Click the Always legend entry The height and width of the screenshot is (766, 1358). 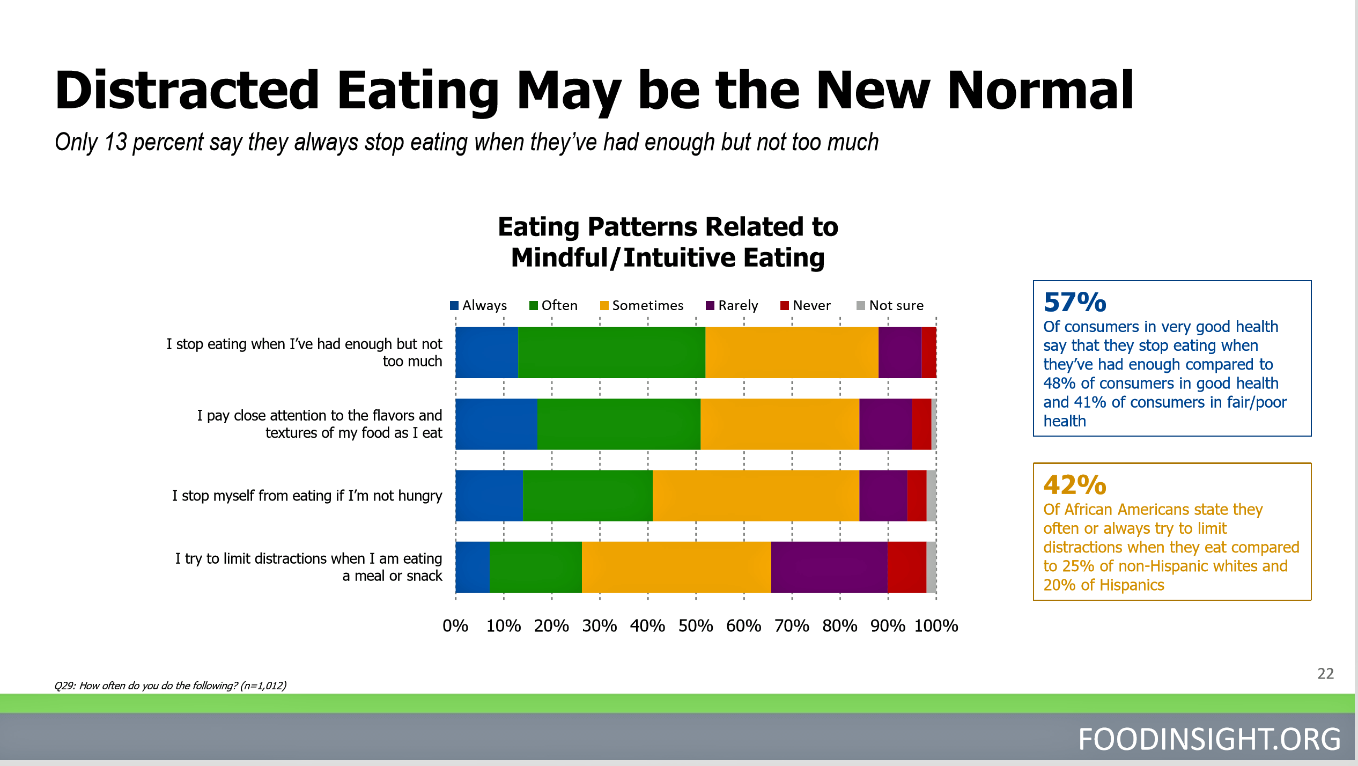tap(478, 305)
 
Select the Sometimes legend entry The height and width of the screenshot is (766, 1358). tap(641, 305)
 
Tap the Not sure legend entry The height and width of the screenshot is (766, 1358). tap(890, 305)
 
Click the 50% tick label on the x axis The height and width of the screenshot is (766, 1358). tap(696, 625)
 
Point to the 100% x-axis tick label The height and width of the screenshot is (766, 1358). tap(936, 625)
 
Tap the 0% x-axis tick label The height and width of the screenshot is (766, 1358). tap(455, 625)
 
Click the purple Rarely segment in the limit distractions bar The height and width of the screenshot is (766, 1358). tap(829, 567)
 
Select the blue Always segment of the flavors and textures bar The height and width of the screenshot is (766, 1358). tap(496, 424)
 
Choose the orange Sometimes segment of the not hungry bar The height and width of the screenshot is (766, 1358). tap(756, 496)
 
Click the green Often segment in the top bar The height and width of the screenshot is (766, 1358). tap(611, 352)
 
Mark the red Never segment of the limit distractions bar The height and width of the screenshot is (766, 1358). tap(906, 567)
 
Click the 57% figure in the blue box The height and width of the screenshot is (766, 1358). tap(1075, 302)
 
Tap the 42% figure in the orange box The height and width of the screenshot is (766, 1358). tap(1075, 484)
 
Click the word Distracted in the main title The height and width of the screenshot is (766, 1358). tap(188, 90)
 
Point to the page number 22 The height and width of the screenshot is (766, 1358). tap(1325, 673)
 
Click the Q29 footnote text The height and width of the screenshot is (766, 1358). tap(170, 686)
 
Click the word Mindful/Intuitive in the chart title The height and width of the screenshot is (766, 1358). tap(623, 257)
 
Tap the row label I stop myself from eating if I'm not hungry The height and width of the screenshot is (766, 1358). tap(307, 496)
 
